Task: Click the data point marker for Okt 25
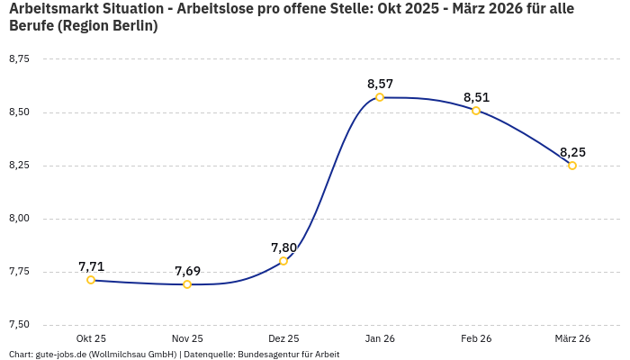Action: [91, 280]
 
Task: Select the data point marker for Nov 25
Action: [187, 284]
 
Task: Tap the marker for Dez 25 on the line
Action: [283, 261]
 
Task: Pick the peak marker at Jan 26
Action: [380, 97]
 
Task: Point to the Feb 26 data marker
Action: [476, 111]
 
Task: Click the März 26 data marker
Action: [572, 166]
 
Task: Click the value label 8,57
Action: [380, 84]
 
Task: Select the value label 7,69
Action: [187, 271]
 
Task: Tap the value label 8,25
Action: [572, 152]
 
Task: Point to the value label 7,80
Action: [283, 247]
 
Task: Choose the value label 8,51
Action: [476, 97]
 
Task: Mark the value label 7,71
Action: [91, 266]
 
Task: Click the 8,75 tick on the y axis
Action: [19, 59]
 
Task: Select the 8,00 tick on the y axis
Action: [19, 219]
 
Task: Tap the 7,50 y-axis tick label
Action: [19, 325]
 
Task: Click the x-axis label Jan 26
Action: [380, 338]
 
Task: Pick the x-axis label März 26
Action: [572, 338]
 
